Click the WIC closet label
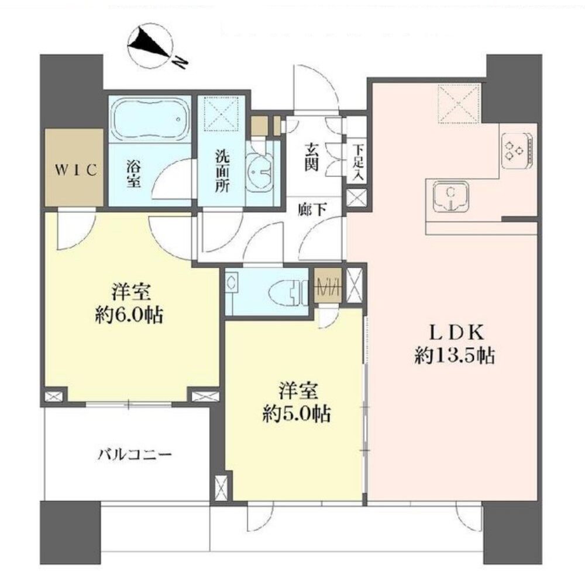click(x=77, y=170)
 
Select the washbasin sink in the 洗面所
click(x=260, y=171)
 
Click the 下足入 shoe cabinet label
click(x=358, y=163)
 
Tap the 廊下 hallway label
click(x=312, y=210)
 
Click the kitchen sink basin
click(x=451, y=198)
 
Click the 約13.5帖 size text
click(x=455, y=356)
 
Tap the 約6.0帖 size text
click(x=129, y=316)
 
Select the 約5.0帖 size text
click(x=297, y=414)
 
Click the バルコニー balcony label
click(x=135, y=455)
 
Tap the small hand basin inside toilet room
click(x=231, y=282)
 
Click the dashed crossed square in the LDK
click(x=458, y=104)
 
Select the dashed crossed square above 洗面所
click(x=222, y=113)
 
